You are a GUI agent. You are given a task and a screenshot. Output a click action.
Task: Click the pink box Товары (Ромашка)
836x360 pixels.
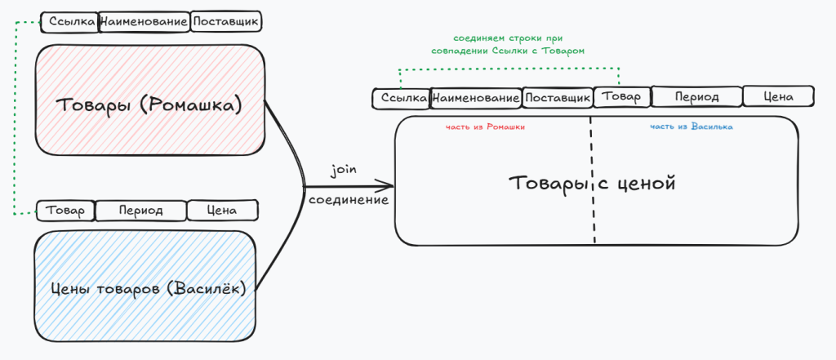pyautogui.click(x=149, y=104)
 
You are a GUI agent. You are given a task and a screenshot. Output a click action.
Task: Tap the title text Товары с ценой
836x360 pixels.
pyautogui.click(x=593, y=183)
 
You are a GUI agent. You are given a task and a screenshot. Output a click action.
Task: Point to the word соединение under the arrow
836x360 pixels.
pyautogui.click(x=348, y=199)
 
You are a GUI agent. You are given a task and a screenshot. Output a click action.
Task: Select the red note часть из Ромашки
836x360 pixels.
pyautogui.click(x=485, y=127)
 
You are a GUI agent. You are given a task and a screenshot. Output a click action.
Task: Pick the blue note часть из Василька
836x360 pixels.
pyautogui.click(x=691, y=127)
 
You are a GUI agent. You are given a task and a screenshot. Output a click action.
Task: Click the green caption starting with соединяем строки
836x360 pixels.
pyautogui.click(x=509, y=44)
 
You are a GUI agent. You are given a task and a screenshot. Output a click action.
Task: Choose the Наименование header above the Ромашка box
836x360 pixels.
pyautogui.click(x=144, y=21)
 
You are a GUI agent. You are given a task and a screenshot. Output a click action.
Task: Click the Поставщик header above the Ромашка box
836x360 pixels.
pyautogui.click(x=226, y=21)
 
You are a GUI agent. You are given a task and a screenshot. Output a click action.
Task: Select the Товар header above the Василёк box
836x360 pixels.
pyautogui.click(x=65, y=211)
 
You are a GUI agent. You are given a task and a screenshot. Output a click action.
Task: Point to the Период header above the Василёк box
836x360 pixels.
pyautogui.click(x=140, y=211)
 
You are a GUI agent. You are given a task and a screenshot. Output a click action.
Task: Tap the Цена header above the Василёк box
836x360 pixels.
pyautogui.click(x=222, y=211)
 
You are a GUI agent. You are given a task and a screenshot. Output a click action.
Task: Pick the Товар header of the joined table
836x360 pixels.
pyautogui.click(x=621, y=96)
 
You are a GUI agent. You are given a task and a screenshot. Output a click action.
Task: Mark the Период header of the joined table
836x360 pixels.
pyautogui.click(x=696, y=96)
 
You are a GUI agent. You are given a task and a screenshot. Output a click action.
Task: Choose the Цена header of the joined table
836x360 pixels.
pyautogui.click(x=778, y=96)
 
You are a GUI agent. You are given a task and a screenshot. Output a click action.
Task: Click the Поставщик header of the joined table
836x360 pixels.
pyautogui.click(x=557, y=99)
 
